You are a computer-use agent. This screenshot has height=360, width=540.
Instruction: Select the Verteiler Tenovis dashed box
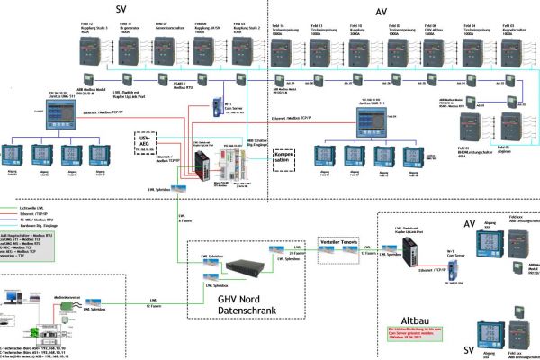coord(337,241)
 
